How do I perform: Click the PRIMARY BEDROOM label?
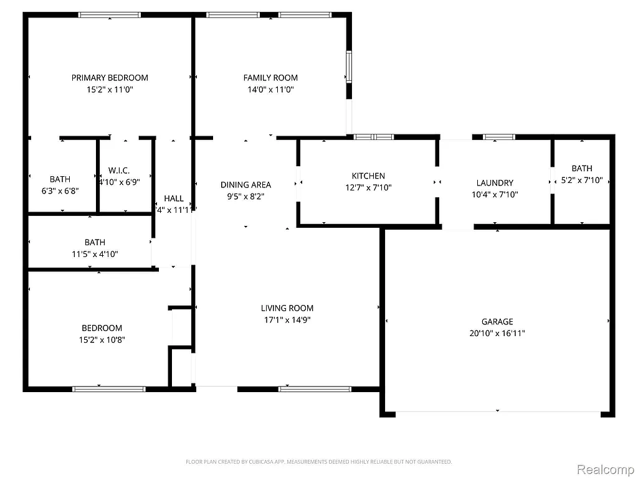point(110,78)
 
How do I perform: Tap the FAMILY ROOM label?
point(270,78)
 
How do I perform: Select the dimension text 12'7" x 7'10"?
point(368,187)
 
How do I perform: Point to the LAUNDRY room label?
point(495,183)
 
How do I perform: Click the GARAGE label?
point(497,322)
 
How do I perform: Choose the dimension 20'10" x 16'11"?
point(497,334)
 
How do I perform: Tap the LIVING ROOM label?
point(287,308)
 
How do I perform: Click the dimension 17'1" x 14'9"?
point(287,320)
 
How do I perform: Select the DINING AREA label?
point(245,185)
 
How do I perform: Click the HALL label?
point(173,199)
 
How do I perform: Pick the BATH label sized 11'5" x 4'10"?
point(95,242)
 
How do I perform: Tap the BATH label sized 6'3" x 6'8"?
point(60,180)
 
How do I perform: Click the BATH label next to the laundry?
point(582,169)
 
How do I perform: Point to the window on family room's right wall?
point(349,67)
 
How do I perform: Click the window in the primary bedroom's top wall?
point(110,15)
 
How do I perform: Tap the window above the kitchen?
point(374,136)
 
